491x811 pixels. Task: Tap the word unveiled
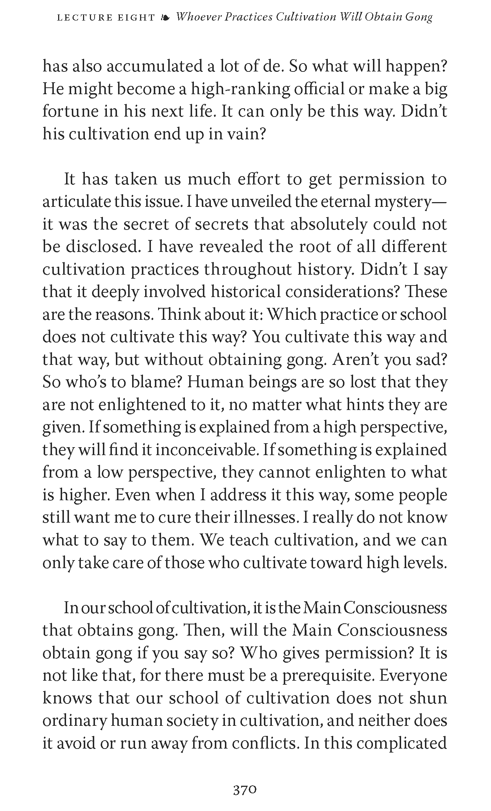click(260, 202)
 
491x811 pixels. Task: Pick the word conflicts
click(265, 743)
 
